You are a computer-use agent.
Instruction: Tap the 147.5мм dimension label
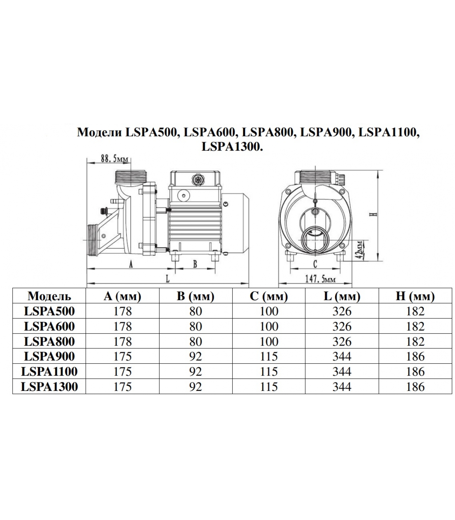(x=320, y=279)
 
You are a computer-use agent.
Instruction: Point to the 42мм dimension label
(x=359, y=249)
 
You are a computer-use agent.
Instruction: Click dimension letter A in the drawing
(x=131, y=265)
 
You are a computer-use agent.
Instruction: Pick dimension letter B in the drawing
(x=195, y=264)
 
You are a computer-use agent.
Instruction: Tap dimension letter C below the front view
(x=315, y=264)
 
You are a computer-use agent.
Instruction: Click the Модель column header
(x=49, y=296)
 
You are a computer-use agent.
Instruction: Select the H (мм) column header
(x=415, y=296)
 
